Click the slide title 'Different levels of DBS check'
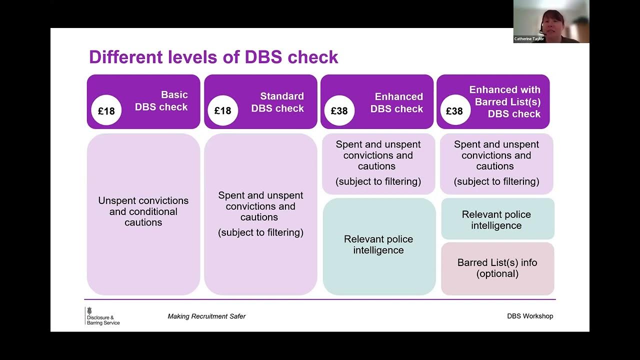click(213, 57)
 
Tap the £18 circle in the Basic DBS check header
click(106, 110)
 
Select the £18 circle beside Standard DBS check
click(223, 110)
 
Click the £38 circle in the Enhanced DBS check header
click(339, 110)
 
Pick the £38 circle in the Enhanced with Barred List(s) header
click(454, 110)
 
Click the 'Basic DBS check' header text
click(161, 101)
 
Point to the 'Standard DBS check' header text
click(277, 102)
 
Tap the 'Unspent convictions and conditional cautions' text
click(143, 211)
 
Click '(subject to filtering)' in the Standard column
click(260, 232)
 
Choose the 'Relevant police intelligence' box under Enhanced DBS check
click(378, 245)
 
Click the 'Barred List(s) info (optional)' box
click(497, 268)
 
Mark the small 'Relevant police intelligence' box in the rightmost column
click(496, 220)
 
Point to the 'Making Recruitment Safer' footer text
click(206, 316)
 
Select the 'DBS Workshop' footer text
click(530, 316)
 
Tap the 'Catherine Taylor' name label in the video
click(529, 39)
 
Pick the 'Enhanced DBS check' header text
click(396, 102)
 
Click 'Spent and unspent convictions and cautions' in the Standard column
click(260, 206)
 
